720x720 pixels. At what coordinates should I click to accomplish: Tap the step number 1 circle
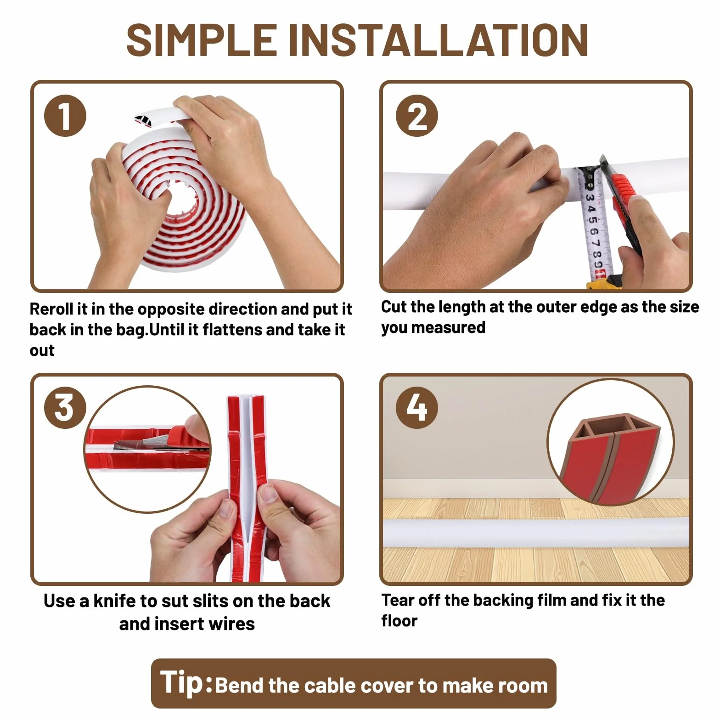pos(65,116)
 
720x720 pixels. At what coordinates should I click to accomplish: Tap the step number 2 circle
pos(417,116)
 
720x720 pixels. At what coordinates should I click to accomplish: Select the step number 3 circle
pos(65,408)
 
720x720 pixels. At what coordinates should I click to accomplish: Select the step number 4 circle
pos(417,408)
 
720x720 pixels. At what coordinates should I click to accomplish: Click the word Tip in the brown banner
pos(182,683)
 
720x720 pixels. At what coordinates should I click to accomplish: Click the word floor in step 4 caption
pos(399,621)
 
